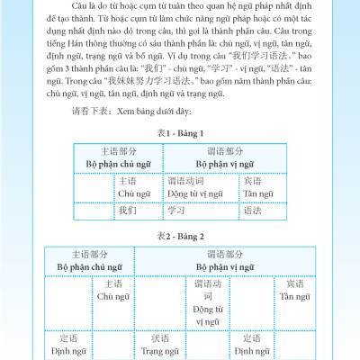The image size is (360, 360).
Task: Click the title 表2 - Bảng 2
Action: point(181,236)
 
